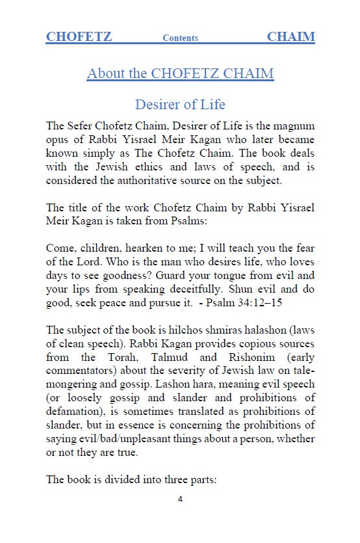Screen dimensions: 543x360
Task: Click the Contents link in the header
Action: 180,38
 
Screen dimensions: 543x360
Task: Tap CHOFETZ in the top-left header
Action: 79,36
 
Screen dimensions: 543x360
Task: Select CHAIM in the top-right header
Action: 290,36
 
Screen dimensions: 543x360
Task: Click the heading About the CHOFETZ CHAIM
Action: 180,73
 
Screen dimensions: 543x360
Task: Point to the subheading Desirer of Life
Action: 180,104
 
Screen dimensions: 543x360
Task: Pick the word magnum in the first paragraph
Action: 294,126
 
